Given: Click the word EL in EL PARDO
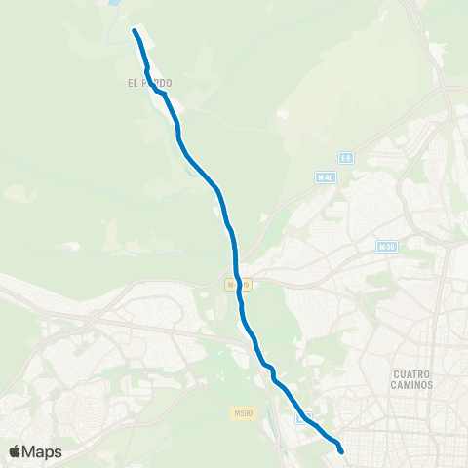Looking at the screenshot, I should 133,84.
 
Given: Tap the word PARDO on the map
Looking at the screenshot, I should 157,84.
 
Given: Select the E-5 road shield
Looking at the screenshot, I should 345,157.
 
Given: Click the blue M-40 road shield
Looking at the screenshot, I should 326,177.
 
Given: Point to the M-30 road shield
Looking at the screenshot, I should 387,247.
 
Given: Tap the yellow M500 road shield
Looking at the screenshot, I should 244,413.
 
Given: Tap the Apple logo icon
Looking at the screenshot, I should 15,451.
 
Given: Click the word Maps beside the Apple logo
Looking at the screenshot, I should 42,451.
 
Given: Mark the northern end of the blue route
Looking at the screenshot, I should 135,32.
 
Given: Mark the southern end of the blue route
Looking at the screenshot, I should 341,450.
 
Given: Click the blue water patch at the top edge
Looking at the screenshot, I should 117,3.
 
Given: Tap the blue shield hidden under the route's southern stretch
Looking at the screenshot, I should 305,417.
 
